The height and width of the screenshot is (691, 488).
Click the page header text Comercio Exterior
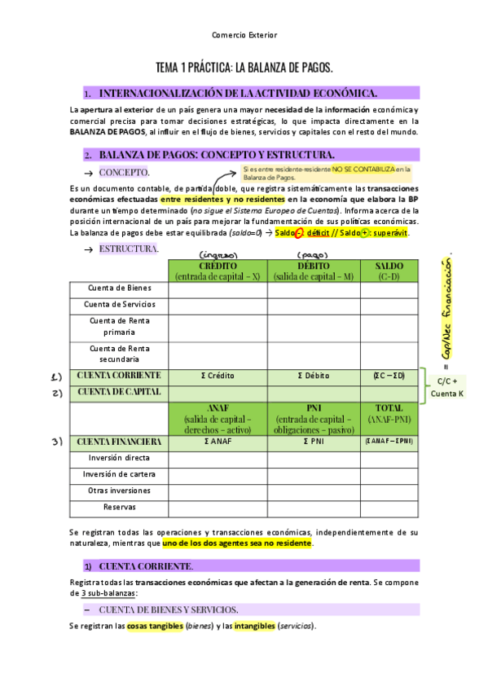[244, 36]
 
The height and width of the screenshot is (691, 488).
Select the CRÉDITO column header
[218, 271]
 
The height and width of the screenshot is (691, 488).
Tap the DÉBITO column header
[314, 271]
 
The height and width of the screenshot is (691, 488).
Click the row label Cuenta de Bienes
[119, 288]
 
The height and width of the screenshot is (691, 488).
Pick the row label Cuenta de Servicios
[119, 304]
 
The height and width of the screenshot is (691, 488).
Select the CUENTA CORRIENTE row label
[119, 376]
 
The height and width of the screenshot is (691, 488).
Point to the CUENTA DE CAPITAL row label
[119, 392]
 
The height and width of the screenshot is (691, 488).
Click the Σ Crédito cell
[218, 376]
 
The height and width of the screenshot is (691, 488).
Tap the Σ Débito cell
[314, 376]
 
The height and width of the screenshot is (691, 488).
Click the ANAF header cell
[218, 418]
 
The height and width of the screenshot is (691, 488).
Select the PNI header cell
[314, 418]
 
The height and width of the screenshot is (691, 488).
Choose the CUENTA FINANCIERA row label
[119, 442]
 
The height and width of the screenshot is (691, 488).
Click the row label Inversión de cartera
[119, 474]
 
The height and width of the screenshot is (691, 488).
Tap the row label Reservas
[119, 507]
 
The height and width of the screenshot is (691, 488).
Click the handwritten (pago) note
[314, 253]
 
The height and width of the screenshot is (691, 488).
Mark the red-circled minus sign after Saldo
[299, 233]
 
